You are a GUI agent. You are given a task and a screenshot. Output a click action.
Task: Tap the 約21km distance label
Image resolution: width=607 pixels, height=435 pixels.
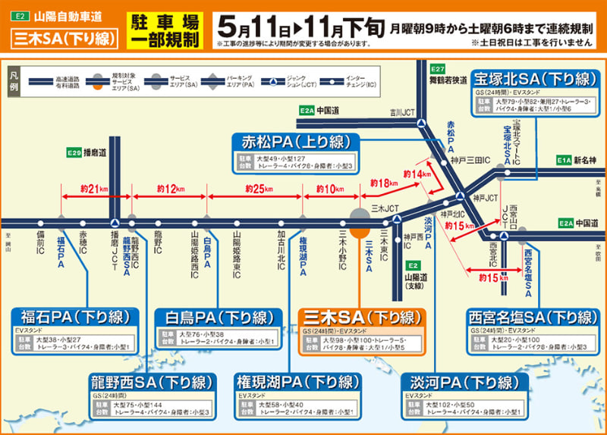85,188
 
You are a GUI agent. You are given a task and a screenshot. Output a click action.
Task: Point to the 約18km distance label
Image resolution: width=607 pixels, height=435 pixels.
384,183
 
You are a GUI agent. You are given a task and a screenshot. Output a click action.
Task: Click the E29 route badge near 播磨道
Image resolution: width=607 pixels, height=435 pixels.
74,153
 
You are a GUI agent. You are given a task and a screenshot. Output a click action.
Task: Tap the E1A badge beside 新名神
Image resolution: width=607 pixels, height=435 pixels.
563,160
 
